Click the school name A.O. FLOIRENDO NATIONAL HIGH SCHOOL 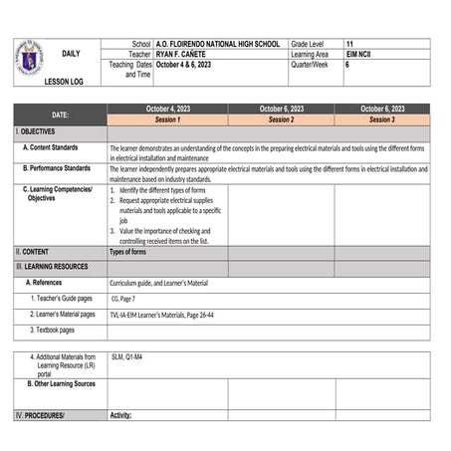(x=218, y=45)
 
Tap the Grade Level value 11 (x=349, y=45)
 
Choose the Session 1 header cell (x=167, y=119)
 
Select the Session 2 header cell (x=281, y=119)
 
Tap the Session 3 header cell (x=381, y=119)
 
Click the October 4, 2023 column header (x=167, y=109)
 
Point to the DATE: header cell (x=61, y=114)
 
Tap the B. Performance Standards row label (x=62, y=168)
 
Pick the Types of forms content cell (x=128, y=252)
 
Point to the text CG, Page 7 (x=123, y=298)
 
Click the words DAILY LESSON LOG (x=70, y=66)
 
